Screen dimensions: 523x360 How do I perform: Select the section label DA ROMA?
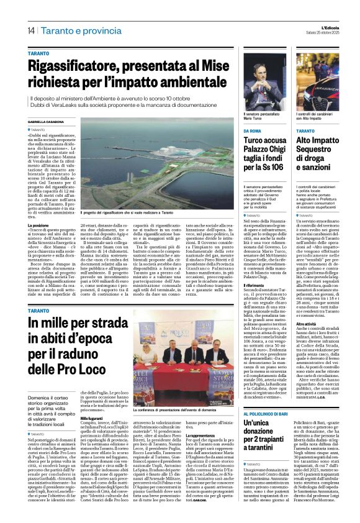coord(252,131)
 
